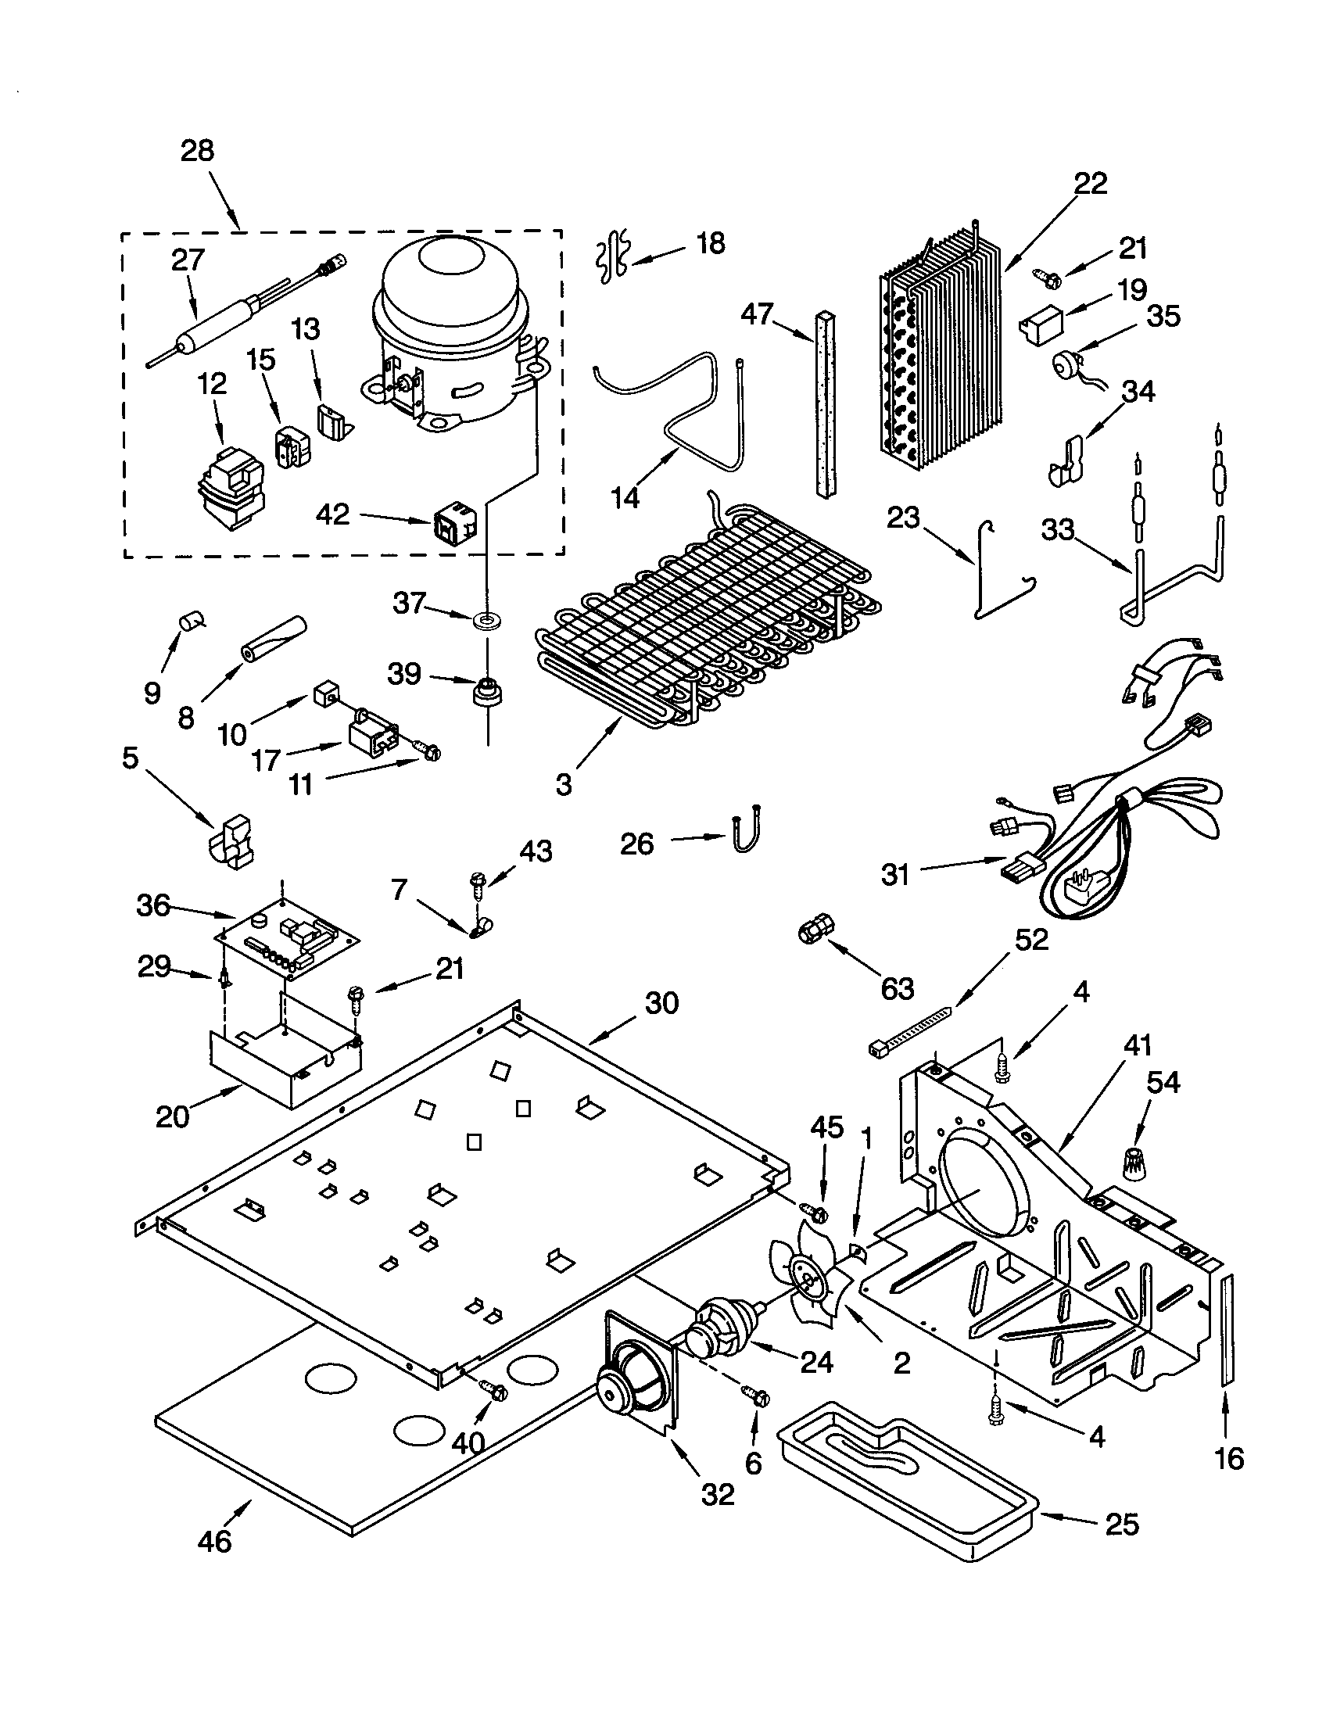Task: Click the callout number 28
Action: [197, 150]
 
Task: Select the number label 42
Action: [332, 515]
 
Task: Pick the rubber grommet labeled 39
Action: [487, 693]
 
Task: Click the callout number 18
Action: [710, 243]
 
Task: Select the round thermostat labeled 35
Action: [1068, 366]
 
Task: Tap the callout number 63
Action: [898, 989]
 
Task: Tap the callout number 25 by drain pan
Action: [1122, 1525]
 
